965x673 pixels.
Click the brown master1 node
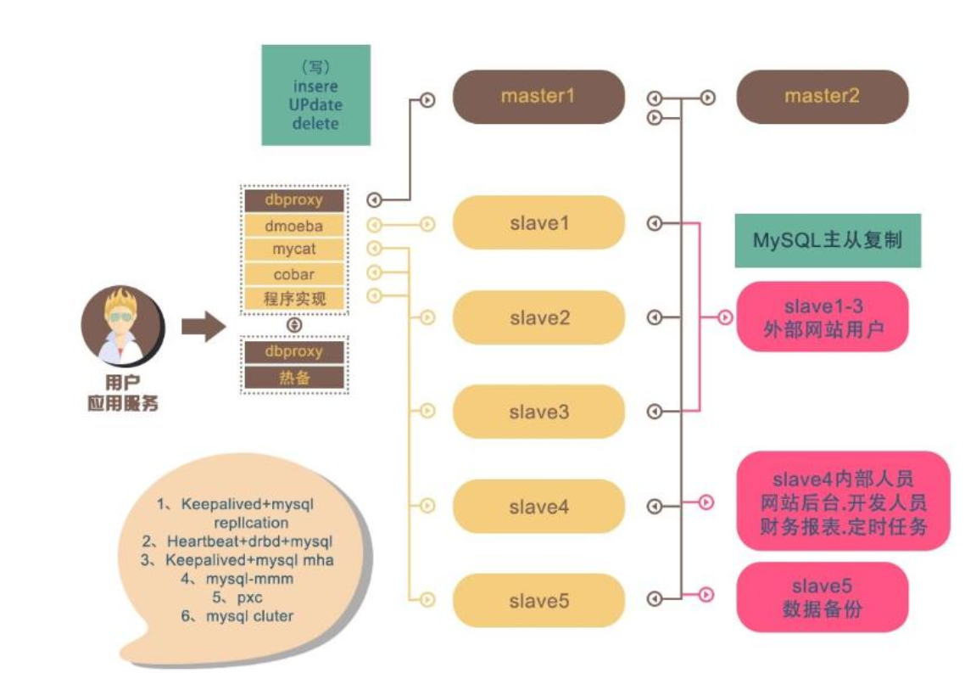(538, 97)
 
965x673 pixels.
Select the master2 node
(822, 97)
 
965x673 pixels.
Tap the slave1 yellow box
(538, 222)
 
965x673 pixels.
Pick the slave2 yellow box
(538, 317)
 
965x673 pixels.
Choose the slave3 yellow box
(538, 412)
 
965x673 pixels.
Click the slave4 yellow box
(538, 507)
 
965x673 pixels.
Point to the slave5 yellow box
(538, 601)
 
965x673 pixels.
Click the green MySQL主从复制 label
(828, 240)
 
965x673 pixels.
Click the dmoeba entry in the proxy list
(294, 226)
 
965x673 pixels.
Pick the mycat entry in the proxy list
(294, 250)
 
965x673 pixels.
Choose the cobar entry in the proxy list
(294, 274)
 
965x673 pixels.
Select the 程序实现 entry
(294, 299)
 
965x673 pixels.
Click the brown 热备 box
(294, 378)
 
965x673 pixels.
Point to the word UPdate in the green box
(316, 104)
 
